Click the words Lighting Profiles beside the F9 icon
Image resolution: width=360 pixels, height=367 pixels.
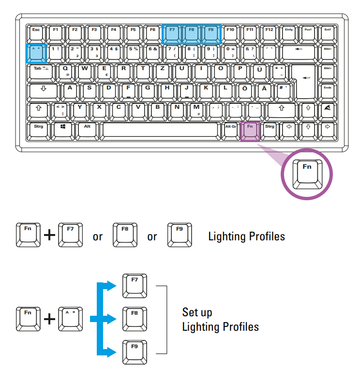coord(246,236)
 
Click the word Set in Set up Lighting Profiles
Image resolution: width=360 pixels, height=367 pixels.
coord(190,312)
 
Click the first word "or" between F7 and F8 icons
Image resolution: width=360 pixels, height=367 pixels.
coord(98,237)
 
